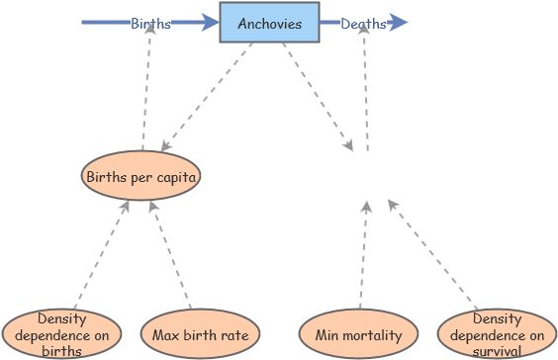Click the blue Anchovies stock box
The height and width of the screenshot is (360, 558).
tap(269, 24)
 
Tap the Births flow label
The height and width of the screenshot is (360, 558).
tap(150, 24)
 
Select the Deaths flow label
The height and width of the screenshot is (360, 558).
tap(364, 24)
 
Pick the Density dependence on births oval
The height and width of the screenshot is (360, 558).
tap(61, 333)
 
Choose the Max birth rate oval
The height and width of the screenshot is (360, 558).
tap(200, 334)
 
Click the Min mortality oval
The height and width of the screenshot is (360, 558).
tap(359, 334)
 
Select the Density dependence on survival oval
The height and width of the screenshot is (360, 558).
tap(497, 333)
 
